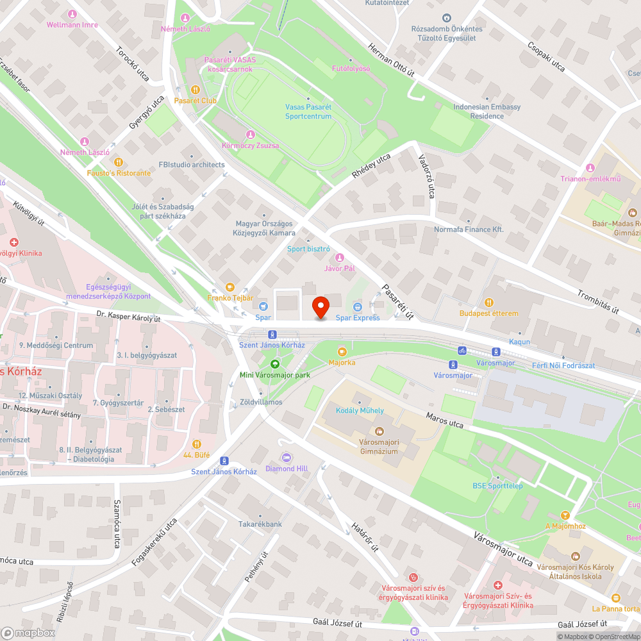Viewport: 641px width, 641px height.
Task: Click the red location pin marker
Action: coord(320,308)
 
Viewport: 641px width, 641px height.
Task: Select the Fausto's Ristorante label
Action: coord(119,173)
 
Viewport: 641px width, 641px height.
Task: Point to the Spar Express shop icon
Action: coord(358,307)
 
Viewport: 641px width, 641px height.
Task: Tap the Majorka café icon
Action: coord(342,351)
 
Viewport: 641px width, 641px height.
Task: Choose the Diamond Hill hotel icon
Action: coord(287,458)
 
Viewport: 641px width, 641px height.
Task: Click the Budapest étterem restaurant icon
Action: coord(488,303)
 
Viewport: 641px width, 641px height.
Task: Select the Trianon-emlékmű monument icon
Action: coord(590,168)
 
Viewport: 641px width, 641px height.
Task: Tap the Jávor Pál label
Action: coord(340,269)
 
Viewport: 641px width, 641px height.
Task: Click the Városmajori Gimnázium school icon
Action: coord(378,431)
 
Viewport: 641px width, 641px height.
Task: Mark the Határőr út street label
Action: coord(365,537)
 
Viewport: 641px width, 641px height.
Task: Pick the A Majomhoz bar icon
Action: coord(565,515)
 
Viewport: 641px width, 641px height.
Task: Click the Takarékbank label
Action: coord(260,524)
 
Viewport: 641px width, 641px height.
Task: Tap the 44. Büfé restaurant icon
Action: coord(196,444)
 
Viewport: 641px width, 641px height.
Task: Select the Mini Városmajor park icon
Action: coord(274,364)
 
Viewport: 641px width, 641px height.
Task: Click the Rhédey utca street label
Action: coord(371,166)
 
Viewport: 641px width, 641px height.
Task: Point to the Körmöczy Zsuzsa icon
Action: coord(250,135)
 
